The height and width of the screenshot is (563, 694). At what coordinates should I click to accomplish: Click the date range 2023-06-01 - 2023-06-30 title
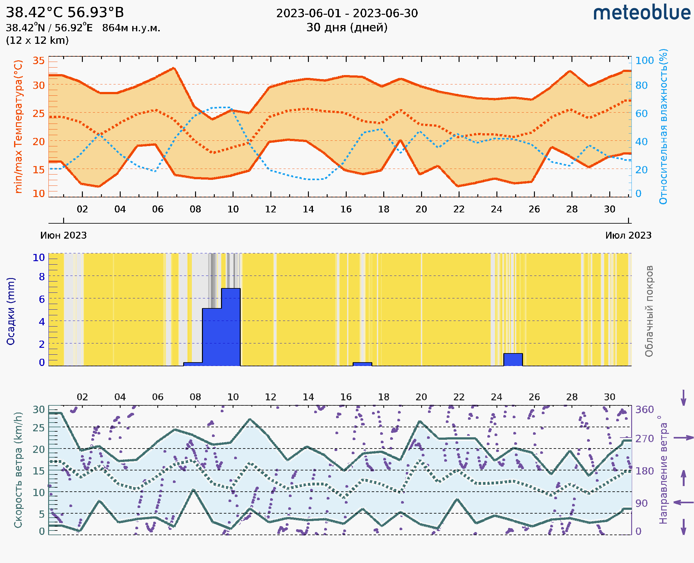pyautogui.click(x=347, y=13)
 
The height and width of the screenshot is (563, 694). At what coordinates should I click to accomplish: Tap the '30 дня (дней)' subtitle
pyautogui.click(x=347, y=28)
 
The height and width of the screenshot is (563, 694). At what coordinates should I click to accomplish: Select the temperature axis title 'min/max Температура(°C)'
pyautogui.click(x=18, y=126)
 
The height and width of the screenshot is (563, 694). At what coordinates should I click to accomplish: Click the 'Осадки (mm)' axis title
pyautogui.click(x=11, y=311)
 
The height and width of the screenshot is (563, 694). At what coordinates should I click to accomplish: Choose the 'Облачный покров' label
pyautogui.click(x=649, y=311)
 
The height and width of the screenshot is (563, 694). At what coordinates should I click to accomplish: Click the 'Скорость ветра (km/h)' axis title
pyautogui.click(x=18, y=470)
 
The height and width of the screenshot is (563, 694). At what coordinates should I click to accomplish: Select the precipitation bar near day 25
pyautogui.click(x=513, y=360)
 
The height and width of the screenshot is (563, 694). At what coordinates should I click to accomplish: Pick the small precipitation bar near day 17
pyautogui.click(x=362, y=364)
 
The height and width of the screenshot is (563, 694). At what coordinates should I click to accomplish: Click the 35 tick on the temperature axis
pyautogui.click(x=38, y=61)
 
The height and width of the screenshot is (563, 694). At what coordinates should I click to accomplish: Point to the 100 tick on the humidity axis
pyautogui.click(x=644, y=61)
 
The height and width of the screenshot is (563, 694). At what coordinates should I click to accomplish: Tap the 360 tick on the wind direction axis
pyautogui.click(x=644, y=410)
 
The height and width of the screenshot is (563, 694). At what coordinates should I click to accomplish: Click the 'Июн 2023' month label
pyautogui.click(x=63, y=236)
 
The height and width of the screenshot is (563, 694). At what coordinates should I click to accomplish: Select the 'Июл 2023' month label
pyautogui.click(x=628, y=236)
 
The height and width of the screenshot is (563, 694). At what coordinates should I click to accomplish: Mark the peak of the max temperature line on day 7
pyautogui.click(x=174, y=68)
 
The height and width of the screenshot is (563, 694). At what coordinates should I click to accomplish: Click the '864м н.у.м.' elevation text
pyautogui.click(x=131, y=28)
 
